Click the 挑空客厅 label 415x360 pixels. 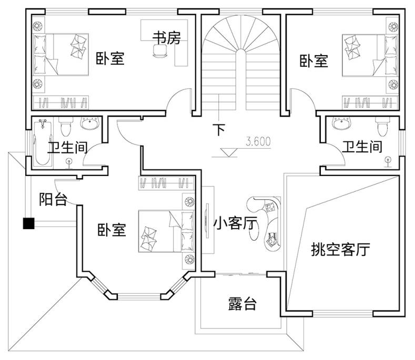(340, 249)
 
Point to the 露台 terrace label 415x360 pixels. (242, 303)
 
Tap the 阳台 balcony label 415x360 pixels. (53, 199)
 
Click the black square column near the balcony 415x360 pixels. (28, 223)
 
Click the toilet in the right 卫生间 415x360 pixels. (382, 126)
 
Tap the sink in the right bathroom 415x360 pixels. (342, 124)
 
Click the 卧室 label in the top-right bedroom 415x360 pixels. (314, 61)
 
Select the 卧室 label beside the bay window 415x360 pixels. (112, 230)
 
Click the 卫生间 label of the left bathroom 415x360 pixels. (67, 148)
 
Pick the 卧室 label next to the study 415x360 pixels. (109, 58)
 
